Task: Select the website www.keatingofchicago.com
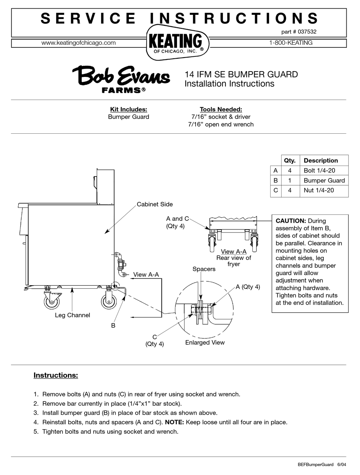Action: [78, 43]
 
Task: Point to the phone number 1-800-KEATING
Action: [291, 43]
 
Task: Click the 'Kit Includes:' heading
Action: [128, 109]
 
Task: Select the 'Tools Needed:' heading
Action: [221, 109]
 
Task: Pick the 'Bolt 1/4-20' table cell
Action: [319, 170]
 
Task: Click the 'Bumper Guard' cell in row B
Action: [324, 180]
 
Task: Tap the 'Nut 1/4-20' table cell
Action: [319, 190]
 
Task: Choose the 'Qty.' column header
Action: [290, 160]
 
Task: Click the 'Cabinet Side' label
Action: [155, 204]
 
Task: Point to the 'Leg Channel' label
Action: [72, 315]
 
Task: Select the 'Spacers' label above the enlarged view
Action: [204, 269]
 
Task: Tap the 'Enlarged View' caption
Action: [205, 342]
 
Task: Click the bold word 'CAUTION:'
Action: [291, 221]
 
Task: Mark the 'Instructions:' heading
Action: [56, 375]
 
